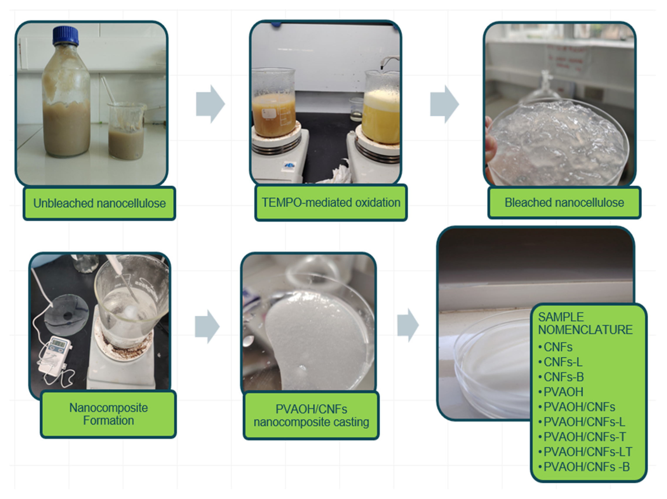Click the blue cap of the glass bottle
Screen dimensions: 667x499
(66, 35)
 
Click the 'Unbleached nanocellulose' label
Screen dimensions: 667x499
(99, 203)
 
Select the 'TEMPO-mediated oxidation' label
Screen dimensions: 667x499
(331, 203)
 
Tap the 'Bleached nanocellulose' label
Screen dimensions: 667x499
(564, 203)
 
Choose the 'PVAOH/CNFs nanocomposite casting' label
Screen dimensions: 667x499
(311, 415)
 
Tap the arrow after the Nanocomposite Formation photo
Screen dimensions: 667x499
(207, 326)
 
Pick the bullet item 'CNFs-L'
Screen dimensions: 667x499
(560, 362)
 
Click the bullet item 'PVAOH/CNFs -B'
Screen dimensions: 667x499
(584, 467)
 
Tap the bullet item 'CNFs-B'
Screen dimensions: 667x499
(561, 377)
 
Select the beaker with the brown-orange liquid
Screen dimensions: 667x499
(273, 103)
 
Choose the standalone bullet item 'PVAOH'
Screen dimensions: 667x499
(561, 392)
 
